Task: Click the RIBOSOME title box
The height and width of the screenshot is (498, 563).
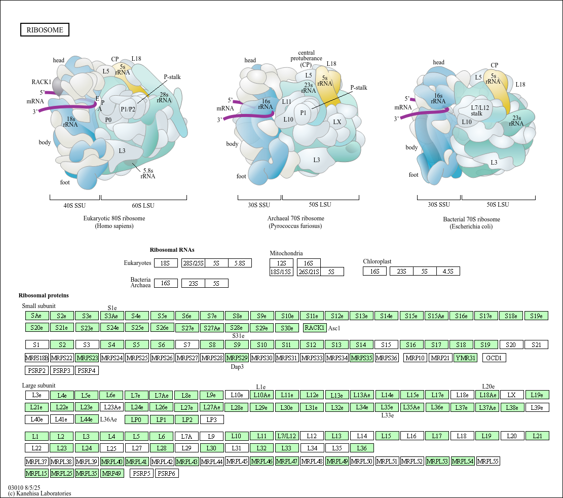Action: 45,30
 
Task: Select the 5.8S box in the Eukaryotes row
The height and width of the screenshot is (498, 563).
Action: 240,263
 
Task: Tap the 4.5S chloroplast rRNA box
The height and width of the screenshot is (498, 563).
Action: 448,272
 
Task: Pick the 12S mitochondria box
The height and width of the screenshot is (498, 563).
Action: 282,263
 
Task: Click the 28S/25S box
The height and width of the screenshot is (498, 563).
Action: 193,263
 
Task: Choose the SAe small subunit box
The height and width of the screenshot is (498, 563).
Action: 36,316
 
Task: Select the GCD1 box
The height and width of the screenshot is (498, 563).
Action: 494,358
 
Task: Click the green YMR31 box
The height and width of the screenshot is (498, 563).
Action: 465,358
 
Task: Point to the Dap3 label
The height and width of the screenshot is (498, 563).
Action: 237,367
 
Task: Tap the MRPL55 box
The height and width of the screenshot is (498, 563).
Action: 488,462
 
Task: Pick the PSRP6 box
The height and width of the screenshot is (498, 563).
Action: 167,474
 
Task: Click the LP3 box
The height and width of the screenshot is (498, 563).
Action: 212,419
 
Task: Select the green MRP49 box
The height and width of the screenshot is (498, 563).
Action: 111,474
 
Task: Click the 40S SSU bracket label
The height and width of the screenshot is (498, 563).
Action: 74,206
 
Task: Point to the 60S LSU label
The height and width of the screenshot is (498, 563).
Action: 143,206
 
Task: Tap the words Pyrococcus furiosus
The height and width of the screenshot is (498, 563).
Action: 295,226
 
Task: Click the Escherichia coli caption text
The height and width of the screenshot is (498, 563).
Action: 471,226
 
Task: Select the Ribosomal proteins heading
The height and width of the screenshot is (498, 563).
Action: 44,295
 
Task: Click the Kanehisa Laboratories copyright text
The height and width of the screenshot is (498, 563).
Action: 40,493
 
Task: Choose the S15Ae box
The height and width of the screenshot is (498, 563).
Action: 436,316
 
